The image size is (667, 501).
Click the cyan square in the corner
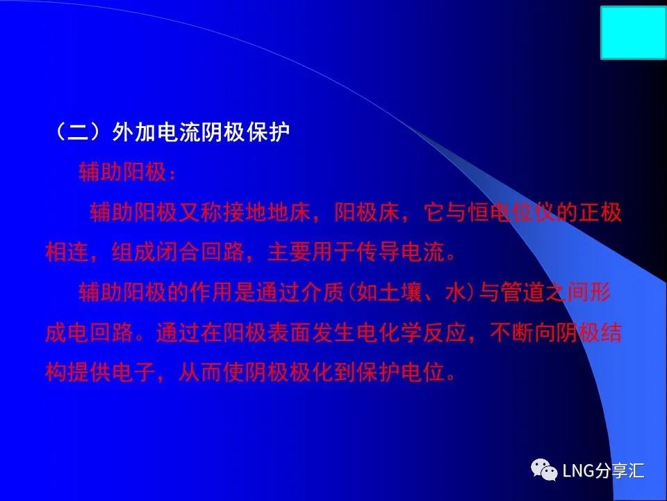pos(634,33)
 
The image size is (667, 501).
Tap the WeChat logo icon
pos(543,470)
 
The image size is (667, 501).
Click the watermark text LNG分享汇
pos(603,470)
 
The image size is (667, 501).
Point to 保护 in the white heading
pos(268,132)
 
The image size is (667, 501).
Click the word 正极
pos(600,212)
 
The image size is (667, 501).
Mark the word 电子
pos(133,372)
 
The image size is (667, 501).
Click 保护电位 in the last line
pos(401,372)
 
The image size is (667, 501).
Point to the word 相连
pos(67,252)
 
